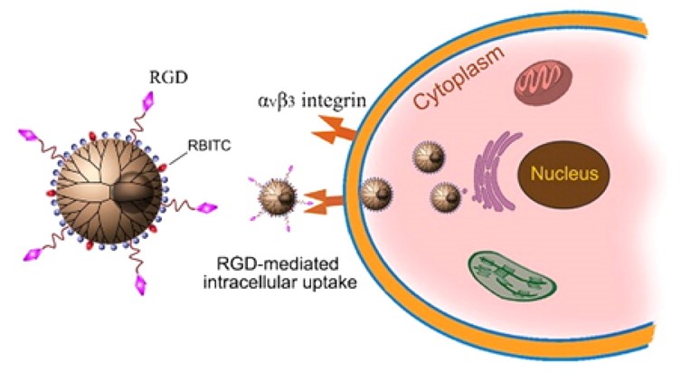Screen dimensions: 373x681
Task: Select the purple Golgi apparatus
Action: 494,172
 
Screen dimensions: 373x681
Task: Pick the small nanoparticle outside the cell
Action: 272,196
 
